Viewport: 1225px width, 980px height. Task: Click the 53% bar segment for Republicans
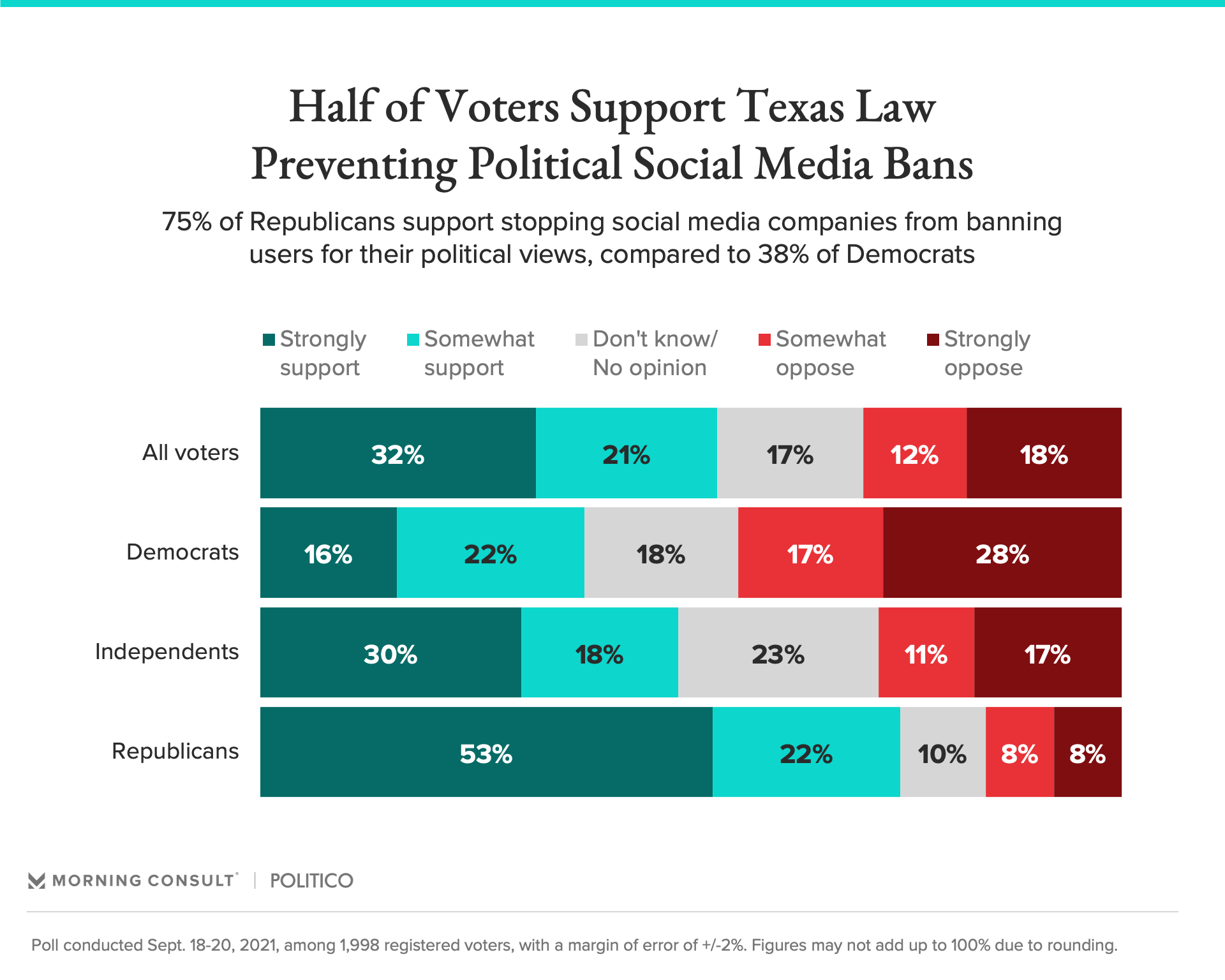486,752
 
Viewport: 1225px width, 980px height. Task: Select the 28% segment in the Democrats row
1002,553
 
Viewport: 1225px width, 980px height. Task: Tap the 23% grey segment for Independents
778,653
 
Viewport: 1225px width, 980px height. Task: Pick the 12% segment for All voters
914,453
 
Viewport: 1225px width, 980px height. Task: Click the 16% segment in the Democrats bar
328,553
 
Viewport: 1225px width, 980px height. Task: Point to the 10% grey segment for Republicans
942,752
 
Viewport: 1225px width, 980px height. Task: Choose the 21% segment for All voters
626,453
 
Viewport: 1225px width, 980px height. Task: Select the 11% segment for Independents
926,653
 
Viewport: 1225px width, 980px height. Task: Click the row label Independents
167,651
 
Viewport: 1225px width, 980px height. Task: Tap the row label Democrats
182,552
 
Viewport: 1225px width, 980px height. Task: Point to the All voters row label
190,452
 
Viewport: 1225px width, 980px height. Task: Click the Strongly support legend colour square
269,339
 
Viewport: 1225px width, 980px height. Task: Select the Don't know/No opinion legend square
581,339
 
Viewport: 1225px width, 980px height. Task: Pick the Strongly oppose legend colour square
933,339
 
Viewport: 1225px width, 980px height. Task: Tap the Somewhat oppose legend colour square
764,339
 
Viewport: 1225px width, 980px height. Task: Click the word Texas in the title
791,107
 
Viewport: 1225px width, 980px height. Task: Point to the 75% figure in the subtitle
186,222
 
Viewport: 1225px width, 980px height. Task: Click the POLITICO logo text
311,880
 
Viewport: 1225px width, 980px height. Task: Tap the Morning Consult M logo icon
37,880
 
